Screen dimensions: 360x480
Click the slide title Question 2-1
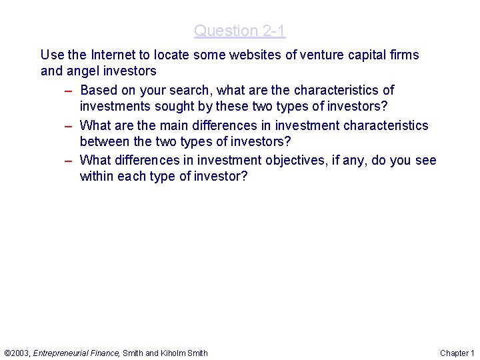[x=239, y=31]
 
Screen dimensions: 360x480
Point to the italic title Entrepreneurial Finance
[x=76, y=353]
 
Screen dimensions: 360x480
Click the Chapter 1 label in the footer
[x=457, y=353]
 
